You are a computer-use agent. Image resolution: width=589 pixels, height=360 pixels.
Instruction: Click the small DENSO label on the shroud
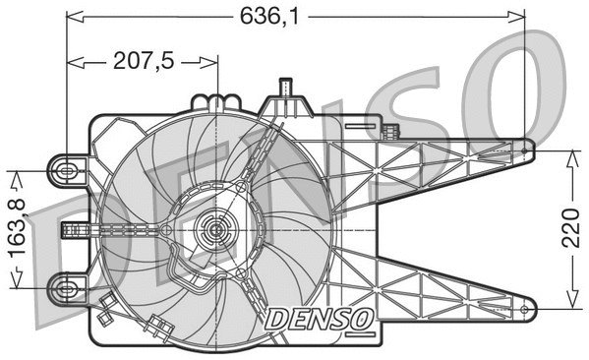[317, 318]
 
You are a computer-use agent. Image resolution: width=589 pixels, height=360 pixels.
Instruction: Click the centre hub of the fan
[213, 232]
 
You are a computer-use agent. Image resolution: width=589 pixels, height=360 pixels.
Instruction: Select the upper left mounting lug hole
[66, 170]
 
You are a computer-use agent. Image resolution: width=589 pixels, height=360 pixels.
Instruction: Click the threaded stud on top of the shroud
[286, 90]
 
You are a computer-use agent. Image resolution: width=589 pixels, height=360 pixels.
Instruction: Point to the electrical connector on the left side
[74, 230]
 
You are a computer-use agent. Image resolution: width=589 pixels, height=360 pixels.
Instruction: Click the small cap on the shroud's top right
[393, 131]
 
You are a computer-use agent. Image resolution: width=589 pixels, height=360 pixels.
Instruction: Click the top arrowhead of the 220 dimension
[570, 154]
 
